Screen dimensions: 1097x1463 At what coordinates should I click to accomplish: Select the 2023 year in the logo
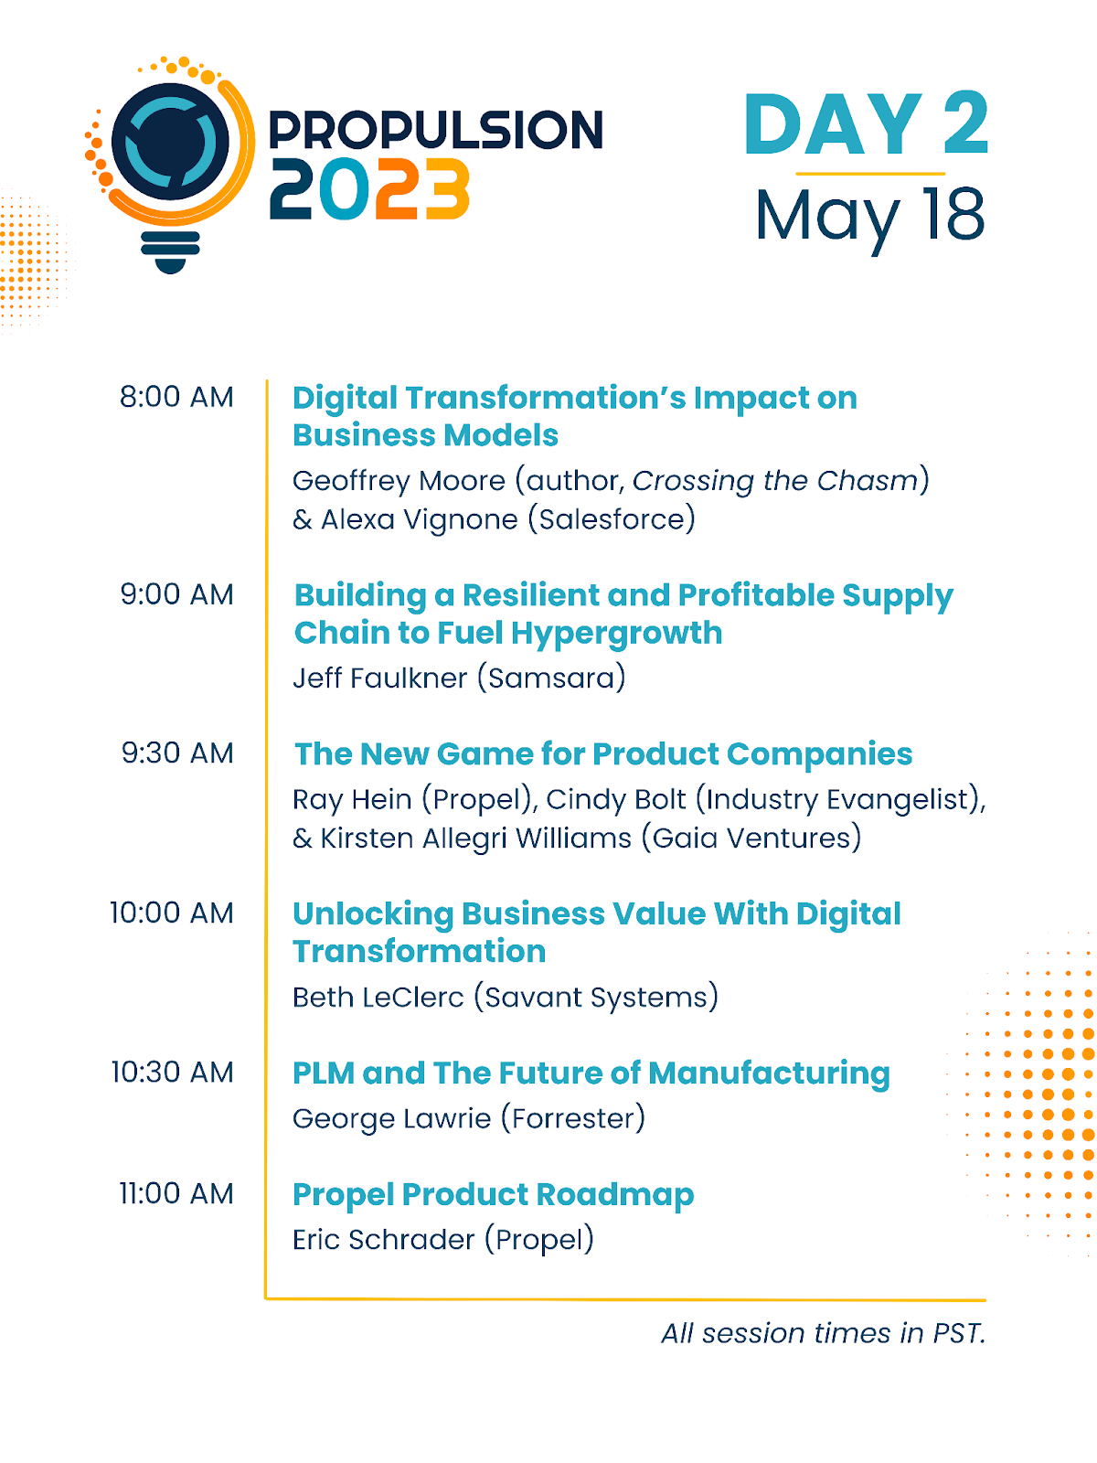coord(369,189)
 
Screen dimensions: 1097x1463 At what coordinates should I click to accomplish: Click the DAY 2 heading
coord(866,123)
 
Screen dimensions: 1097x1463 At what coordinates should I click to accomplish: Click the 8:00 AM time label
coord(176,397)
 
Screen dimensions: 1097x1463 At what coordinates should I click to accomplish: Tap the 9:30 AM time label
coord(177,753)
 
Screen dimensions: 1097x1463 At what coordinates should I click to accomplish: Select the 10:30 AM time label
coord(173,1073)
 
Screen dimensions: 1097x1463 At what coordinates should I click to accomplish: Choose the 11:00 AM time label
coord(176,1194)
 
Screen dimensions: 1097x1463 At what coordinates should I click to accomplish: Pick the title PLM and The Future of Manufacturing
coord(591,1074)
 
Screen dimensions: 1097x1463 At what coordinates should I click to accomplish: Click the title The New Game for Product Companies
coord(603,755)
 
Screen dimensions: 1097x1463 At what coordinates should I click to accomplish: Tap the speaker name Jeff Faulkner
coord(379,678)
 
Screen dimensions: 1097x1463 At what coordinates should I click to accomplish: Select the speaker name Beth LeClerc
coord(378,998)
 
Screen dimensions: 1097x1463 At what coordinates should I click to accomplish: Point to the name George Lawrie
coord(391,1119)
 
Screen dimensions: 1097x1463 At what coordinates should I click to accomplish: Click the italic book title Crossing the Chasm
coord(775,481)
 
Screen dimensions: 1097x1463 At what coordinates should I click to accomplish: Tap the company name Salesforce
coord(612,520)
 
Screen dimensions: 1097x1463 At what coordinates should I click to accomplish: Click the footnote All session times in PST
coord(824,1334)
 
